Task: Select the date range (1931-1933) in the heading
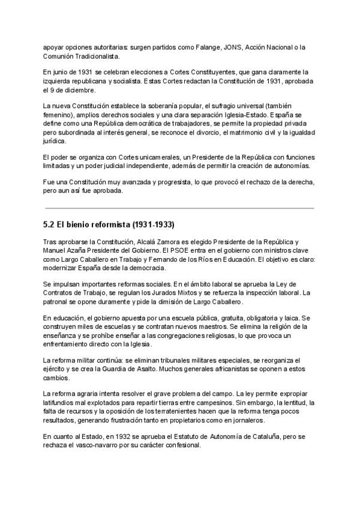click(155, 225)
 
